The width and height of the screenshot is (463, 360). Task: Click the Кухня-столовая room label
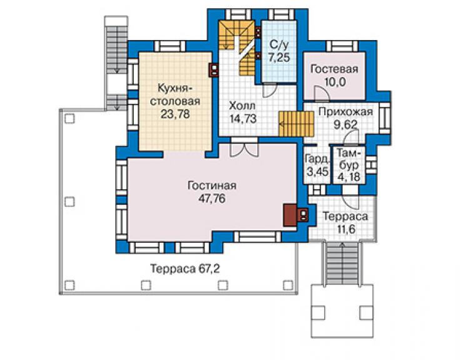point(175,95)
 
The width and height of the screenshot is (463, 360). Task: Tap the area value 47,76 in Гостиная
point(212,198)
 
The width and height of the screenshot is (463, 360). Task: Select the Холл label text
point(242,106)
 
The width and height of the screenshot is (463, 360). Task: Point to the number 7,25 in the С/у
point(279,58)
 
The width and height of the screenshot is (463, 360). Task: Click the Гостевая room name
point(335,69)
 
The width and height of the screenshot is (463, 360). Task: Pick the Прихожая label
point(345,111)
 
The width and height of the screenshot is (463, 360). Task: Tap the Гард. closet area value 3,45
point(317,172)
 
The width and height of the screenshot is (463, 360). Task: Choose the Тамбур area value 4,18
point(350,177)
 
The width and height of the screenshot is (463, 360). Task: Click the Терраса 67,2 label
point(185,269)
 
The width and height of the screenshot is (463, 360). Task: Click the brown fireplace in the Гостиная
point(290,215)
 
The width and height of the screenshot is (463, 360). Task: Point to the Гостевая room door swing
point(322,93)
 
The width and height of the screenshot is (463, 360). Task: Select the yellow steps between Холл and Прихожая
point(296,124)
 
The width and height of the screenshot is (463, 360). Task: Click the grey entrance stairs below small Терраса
point(342,263)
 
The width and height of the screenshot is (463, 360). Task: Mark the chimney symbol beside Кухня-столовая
point(214,70)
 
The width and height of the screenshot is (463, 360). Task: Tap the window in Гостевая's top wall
point(342,46)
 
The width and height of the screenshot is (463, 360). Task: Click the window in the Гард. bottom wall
point(317,190)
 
